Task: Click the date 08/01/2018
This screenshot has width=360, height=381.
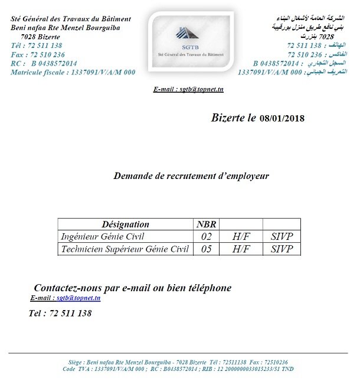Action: [282, 118]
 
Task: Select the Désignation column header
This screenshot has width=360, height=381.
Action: [125, 224]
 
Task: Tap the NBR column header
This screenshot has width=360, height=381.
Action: [206, 224]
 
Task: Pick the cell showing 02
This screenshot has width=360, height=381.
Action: [206, 237]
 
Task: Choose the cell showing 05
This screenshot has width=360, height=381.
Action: [206, 249]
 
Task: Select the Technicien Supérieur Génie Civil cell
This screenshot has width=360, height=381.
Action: [125, 249]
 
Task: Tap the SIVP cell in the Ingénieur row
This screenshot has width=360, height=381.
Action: [282, 237]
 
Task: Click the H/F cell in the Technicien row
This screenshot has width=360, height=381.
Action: [241, 249]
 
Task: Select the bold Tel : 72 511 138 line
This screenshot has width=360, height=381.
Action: [60, 313]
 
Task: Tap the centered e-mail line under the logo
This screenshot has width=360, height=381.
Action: [188, 89]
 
